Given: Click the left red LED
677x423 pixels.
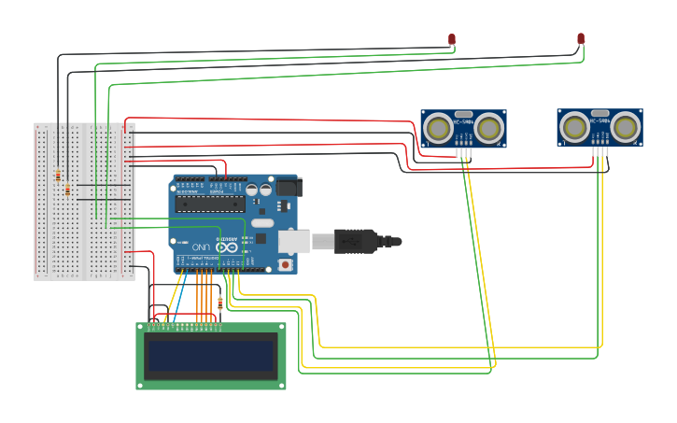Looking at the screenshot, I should click(x=452, y=39).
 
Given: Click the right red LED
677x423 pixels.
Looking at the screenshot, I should click(x=581, y=38).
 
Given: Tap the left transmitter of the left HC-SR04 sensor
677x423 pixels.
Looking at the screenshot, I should click(x=437, y=128).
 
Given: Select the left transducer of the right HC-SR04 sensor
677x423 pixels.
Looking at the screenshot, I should click(x=573, y=127).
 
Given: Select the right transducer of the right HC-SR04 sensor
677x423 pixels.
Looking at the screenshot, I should click(x=626, y=127).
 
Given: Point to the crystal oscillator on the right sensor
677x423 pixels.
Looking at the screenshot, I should click(x=599, y=113).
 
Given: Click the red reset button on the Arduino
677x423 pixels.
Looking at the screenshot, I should click(x=285, y=265).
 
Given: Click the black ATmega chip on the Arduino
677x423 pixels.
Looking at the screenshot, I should click(x=210, y=203).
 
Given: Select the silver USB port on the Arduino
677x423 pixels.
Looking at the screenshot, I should click(x=293, y=242).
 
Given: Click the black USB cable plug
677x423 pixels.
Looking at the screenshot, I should click(x=355, y=241).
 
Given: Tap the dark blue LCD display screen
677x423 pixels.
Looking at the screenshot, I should click(x=211, y=355).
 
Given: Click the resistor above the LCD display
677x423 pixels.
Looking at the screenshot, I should click(x=220, y=303).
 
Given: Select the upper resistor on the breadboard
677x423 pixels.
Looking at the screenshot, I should click(x=58, y=175).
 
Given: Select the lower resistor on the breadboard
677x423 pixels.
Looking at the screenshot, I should click(x=67, y=190).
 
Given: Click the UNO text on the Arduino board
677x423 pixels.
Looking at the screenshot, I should click(x=202, y=247).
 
